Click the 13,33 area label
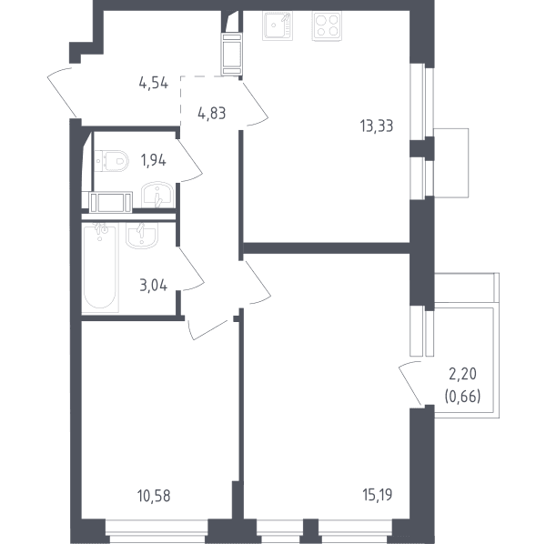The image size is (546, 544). coord(377,126)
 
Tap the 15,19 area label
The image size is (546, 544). coord(378,495)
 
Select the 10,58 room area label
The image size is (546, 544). coord(154,496)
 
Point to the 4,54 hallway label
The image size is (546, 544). coord(153,84)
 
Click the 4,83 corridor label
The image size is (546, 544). coord(212,114)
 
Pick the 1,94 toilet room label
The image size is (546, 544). coord(153,160)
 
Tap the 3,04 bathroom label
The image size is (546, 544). coord(153,286)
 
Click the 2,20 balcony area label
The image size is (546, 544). coord(463,375)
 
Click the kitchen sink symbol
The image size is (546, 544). coord(278,25)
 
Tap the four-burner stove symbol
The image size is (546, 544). coord(327,25)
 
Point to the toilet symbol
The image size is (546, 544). coord(111,161)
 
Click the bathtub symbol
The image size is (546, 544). coord(100,267)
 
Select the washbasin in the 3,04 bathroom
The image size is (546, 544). coord(142,236)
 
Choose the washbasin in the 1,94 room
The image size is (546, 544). coord(157,195)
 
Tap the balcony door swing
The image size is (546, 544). coord(411,383)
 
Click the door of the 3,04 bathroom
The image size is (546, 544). coord(190,268)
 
